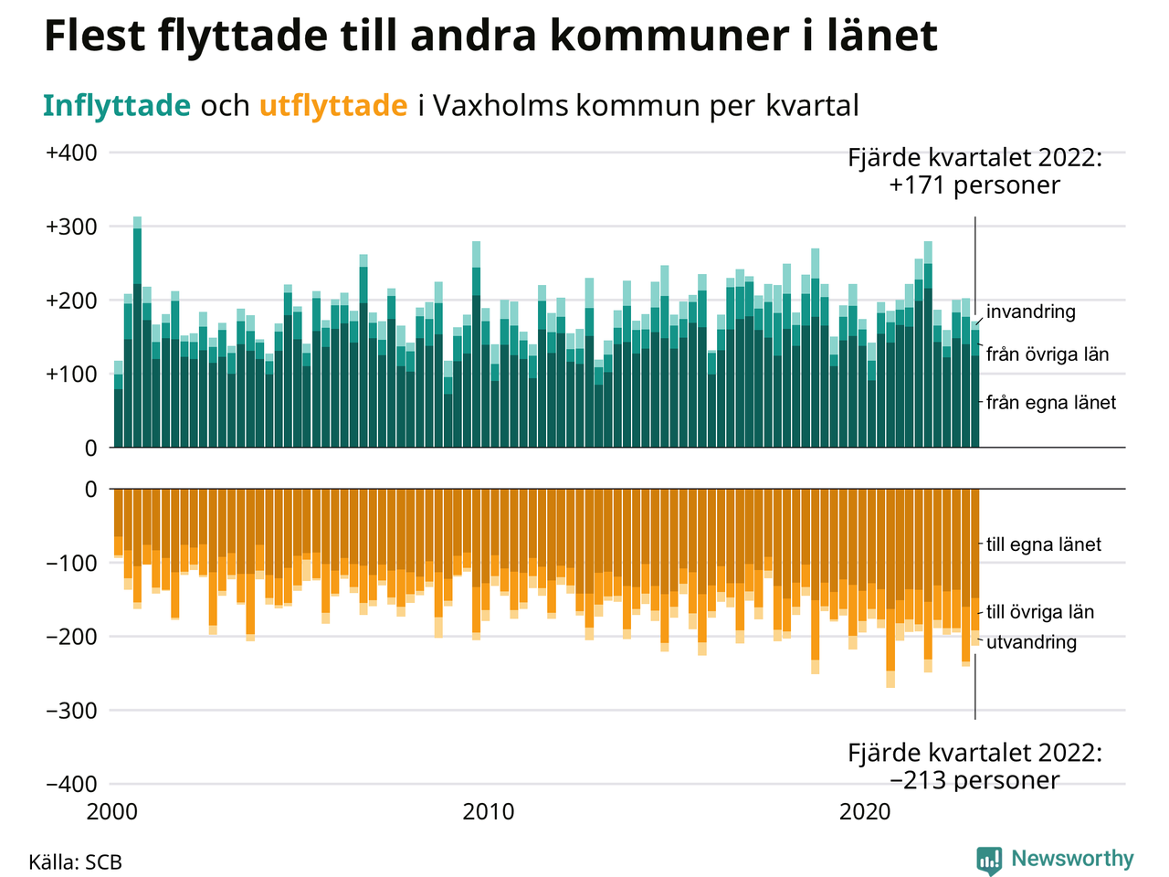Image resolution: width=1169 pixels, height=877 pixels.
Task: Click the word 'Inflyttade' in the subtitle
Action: pyautogui.click(x=116, y=106)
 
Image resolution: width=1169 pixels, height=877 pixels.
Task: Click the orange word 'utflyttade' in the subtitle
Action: pyautogui.click(x=333, y=106)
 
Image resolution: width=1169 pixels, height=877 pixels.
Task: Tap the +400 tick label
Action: pyautogui.click(x=71, y=153)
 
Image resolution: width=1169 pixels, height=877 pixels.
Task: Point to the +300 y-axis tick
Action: pyautogui.click(x=71, y=227)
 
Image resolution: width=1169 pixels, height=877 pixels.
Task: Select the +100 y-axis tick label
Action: pyautogui.click(x=71, y=375)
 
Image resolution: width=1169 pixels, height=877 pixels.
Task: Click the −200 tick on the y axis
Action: pyautogui.click(x=71, y=637)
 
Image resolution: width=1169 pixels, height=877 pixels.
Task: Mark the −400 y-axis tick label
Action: pyautogui.click(x=71, y=784)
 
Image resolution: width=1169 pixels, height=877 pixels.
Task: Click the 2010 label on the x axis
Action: pyautogui.click(x=489, y=811)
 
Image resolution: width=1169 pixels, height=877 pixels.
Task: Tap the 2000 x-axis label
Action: pyautogui.click(x=112, y=811)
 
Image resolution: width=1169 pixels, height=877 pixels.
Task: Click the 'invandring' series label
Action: pyautogui.click(x=1031, y=312)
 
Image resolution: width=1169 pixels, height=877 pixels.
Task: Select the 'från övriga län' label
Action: pyautogui.click(x=1048, y=354)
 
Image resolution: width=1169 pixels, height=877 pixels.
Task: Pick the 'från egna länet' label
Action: pyautogui.click(x=1051, y=402)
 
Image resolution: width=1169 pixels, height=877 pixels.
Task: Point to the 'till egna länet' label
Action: pyautogui.click(x=1044, y=544)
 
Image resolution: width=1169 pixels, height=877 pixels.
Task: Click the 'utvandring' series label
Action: pyautogui.click(x=1032, y=642)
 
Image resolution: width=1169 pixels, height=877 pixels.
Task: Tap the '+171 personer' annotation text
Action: pyautogui.click(x=974, y=185)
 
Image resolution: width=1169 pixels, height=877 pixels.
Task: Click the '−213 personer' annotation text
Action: pyautogui.click(x=974, y=781)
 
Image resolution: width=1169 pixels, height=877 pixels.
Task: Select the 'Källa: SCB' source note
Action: pyautogui.click(x=75, y=862)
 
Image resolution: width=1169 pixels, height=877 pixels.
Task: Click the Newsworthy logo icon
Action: pyautogui.click(x=989, y=860)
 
